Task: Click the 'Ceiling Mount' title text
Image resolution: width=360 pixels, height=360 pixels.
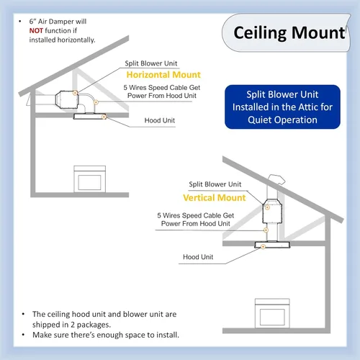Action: [x=289, y=33]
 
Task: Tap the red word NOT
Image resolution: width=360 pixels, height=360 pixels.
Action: [x=36, y=31]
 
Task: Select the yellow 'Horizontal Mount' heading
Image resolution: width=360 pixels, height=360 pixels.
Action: [x=163, y=75]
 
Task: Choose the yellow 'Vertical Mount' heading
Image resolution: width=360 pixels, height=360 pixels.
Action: [x=215, y=197]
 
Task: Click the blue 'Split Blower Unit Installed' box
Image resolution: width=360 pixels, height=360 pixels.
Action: [x=282, y=107]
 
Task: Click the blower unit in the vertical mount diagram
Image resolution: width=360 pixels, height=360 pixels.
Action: [x=272, y=211]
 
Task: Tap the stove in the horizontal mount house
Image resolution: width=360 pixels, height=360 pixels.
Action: [x=89, y=179]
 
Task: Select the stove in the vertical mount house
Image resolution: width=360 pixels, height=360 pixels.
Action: [x=272, y=313]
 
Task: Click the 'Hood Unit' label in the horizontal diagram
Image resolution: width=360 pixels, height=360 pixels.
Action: [x=160, y=120]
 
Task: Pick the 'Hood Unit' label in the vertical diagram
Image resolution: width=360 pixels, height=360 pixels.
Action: [x=198, y=257]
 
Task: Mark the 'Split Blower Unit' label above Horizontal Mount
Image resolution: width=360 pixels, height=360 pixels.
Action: [x=151, y=63]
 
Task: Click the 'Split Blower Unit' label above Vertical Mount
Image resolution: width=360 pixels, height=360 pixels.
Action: [x=215, y=184]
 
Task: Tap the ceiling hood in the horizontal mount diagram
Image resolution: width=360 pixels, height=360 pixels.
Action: [x=89, y=117]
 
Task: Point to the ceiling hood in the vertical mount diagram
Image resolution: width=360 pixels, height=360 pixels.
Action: [x=272, y=245]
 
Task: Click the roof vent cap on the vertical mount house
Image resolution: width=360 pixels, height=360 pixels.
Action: [x=276, y=179]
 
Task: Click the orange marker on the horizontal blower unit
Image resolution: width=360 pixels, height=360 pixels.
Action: [x=75, y=93]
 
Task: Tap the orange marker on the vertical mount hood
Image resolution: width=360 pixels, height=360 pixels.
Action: [x=263, y=246]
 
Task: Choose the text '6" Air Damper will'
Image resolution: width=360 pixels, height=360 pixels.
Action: [x=58, y=22]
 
